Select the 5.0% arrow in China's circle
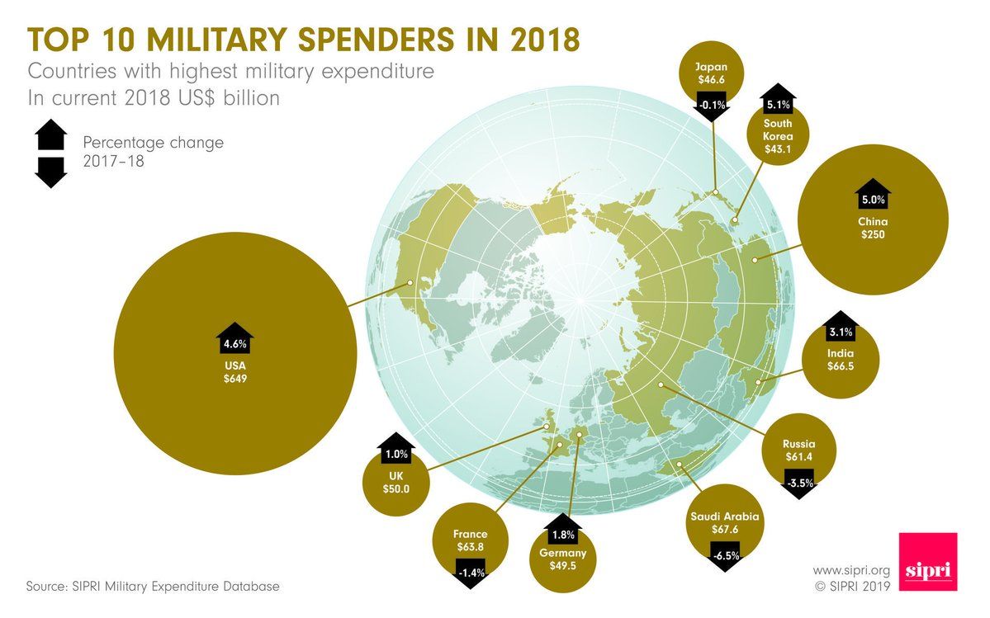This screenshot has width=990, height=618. [x=873, y=196]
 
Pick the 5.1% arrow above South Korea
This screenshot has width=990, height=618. [x=778, y=102]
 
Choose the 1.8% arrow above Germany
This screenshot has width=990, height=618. [x=562, y=531]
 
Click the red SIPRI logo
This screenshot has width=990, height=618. [x=929, y=562]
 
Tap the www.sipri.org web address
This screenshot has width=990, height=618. [x=850, y=570]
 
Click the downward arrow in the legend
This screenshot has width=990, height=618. [x=50, y=172]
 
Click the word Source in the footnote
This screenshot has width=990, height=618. [x=45, y=587]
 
